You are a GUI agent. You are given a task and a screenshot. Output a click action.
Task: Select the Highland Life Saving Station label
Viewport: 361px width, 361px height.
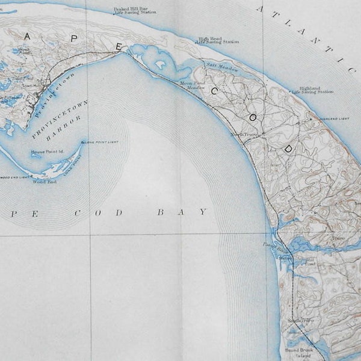click(x=312, y=90)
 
